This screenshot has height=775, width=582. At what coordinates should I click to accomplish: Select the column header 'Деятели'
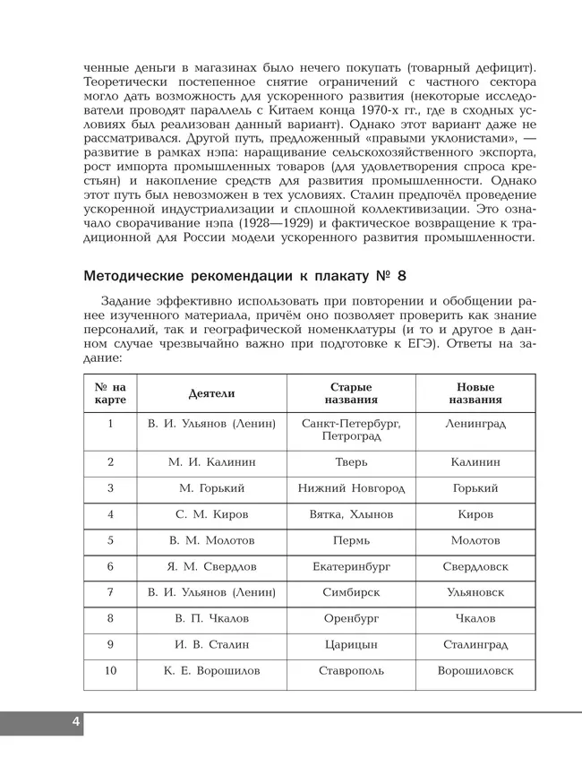211,393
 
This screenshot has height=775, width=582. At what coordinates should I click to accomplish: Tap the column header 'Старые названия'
351,393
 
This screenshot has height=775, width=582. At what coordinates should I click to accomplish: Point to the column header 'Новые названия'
475,393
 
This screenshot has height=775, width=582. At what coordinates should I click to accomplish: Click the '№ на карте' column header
110,393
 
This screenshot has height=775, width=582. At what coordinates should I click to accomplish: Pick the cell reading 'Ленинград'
475,423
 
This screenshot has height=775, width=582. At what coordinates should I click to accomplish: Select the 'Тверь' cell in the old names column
351,462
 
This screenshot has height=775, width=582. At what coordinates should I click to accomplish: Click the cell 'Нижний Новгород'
351,488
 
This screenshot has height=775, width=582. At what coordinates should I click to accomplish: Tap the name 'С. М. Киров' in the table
211,514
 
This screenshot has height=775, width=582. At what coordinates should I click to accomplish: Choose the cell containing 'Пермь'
351,540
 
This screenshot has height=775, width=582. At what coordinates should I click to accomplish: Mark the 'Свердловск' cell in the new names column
475,566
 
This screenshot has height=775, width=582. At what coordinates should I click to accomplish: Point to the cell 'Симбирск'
351,592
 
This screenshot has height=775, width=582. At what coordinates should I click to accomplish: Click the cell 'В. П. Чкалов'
211,618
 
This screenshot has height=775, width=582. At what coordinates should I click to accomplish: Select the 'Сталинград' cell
475,644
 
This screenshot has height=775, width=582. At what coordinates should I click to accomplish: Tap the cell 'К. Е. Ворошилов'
211,671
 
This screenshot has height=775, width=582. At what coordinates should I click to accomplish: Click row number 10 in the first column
110,671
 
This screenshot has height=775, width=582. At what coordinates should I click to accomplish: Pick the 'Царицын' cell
351,644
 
